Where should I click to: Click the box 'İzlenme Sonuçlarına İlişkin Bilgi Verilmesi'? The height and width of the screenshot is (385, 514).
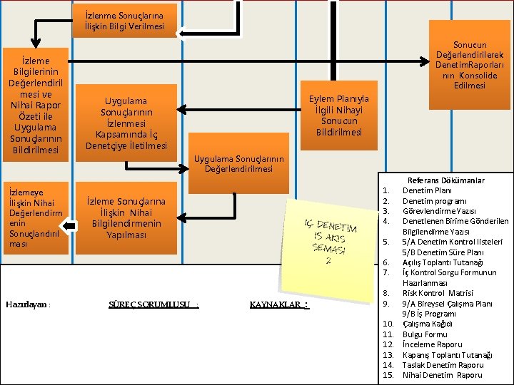(x=124, y=21)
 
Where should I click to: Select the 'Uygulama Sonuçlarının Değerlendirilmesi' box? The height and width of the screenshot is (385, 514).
(x=238, y=163)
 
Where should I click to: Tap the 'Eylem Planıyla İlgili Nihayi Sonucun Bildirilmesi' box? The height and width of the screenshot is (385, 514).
(x=339, y=115)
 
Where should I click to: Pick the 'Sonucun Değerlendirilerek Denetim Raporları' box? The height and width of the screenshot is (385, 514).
(x=470, y=65)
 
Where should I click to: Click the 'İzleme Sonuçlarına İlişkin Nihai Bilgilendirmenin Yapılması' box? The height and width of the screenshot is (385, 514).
(x=126, y=218)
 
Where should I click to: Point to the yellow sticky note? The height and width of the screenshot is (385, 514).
(x=329, y=250)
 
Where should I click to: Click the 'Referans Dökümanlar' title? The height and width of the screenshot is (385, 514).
(x=446, y=180)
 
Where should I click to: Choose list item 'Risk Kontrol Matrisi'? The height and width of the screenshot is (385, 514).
(x=438, y=293)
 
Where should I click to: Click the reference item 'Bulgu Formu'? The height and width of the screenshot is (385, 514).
(x=425, y=334)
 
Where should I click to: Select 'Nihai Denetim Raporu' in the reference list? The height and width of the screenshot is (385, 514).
(x=443, y=375)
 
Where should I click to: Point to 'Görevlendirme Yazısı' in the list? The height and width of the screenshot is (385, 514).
(x=439, y=211)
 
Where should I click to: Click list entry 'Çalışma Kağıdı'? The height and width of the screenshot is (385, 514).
(x=428, y=324)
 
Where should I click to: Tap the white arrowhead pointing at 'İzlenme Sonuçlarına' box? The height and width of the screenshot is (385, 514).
(x=180, y=34)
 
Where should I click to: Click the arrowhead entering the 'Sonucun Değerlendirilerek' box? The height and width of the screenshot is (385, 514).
(x=425, y=61)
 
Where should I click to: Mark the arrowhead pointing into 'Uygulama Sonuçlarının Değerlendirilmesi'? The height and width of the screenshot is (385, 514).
(x=184, y=169)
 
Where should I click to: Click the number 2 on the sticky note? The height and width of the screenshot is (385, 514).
(x=328, y=261)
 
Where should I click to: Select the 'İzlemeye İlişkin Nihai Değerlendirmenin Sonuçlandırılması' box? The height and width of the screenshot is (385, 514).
(x=36, y=218)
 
